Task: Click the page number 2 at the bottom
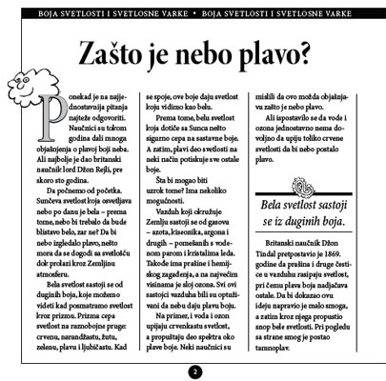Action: pos(193,371)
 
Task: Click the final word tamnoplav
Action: pos(274,321)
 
